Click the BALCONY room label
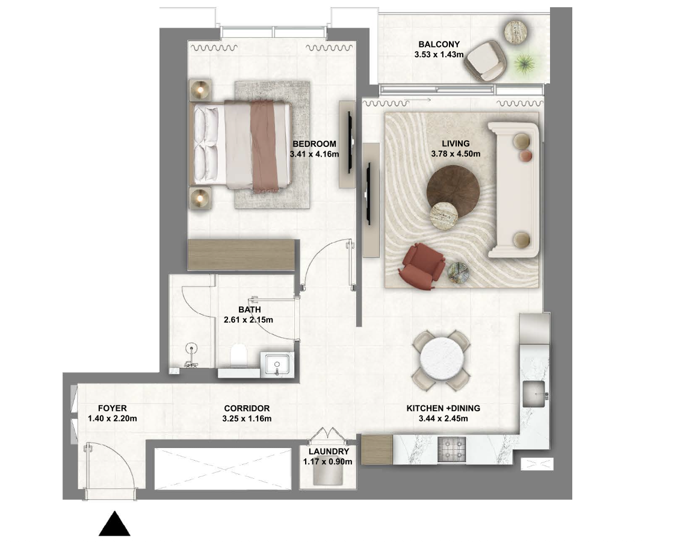point(439,44)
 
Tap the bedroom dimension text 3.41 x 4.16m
point(314,154)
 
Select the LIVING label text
point(456,144)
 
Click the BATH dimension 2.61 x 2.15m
point(249,320)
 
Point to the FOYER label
point(113,408)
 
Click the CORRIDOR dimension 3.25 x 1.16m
point(247,419)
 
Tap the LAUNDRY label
point(329,451)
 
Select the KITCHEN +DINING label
point(444,408)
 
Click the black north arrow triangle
point(114,523)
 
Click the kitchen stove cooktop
point(451,449)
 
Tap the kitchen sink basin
point(533,394)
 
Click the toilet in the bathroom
point(238,355)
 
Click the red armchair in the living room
point(421,266)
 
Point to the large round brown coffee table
point(453,191)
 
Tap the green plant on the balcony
point(524,63)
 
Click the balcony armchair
point(486,61)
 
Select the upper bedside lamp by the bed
point(200,90)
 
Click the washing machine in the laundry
point(329,476)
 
